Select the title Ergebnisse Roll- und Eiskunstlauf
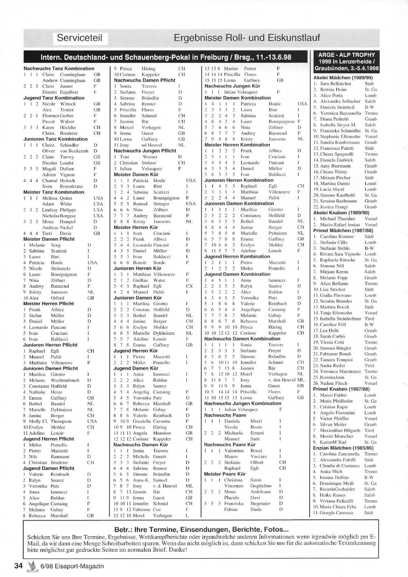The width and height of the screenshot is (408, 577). pos(246,38)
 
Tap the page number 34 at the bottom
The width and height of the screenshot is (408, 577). pos(18,566)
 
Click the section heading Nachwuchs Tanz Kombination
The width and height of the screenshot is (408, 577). pos(59,69)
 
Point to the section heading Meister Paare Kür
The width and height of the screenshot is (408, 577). pos(225,474)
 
